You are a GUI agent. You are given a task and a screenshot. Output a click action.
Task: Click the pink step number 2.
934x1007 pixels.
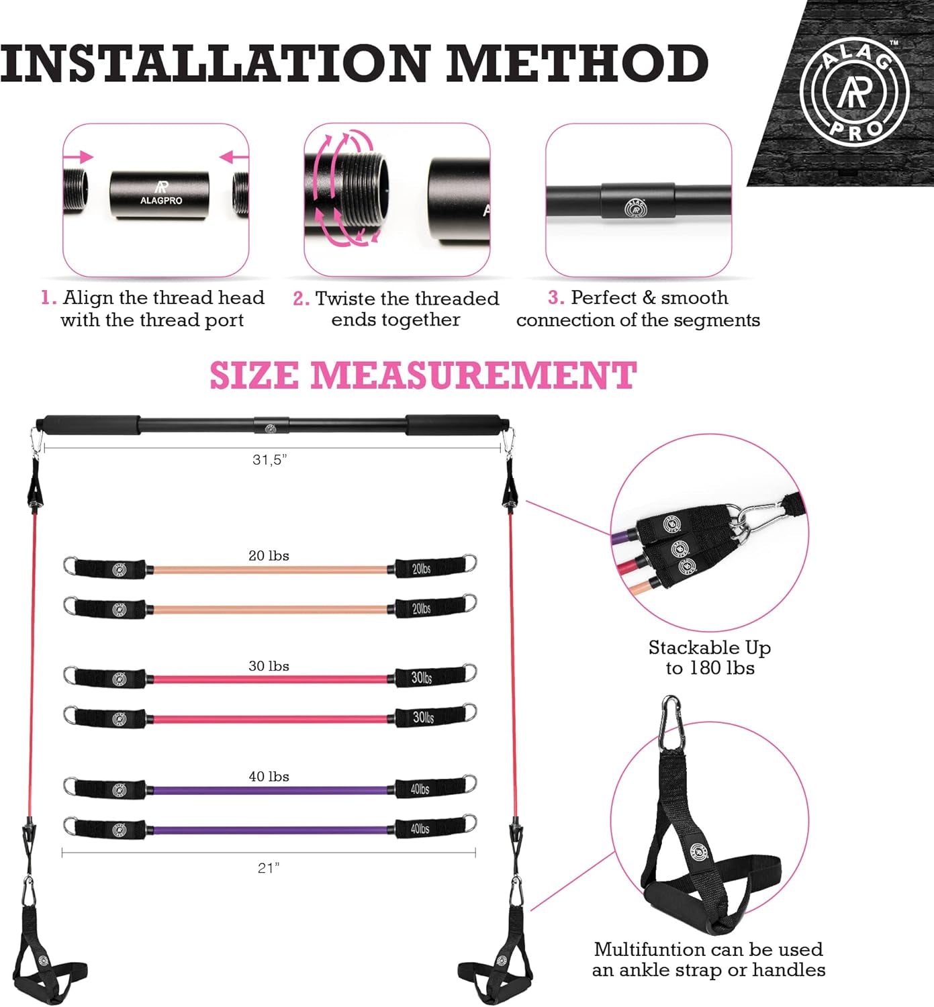tap(300, 299)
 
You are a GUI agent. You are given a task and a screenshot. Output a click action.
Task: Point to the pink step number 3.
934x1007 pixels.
tap(555, 297)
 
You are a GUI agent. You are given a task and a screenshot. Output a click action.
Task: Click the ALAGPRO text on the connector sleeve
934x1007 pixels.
tap(161, 200)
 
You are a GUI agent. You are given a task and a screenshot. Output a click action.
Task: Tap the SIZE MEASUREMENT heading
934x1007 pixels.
tap(423, 375)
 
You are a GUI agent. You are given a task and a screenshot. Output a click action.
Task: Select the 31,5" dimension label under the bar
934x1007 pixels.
tap(270, 460)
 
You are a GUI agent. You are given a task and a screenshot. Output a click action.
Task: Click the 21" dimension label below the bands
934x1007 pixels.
tap(269, 868)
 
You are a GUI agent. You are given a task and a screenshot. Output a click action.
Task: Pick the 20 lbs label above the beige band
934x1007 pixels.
tap(269, 555)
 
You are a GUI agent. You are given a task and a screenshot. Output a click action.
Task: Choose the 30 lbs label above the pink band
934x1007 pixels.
tap(269, 666)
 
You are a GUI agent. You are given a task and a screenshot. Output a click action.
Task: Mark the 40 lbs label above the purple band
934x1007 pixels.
tap(269, 776)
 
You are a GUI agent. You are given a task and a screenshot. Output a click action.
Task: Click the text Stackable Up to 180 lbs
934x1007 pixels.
tap(710, 658)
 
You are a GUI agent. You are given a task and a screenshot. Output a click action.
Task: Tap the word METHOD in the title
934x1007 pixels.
tap(577, 64)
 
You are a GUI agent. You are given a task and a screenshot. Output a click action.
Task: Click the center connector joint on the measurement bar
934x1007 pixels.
tap(271, 426)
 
